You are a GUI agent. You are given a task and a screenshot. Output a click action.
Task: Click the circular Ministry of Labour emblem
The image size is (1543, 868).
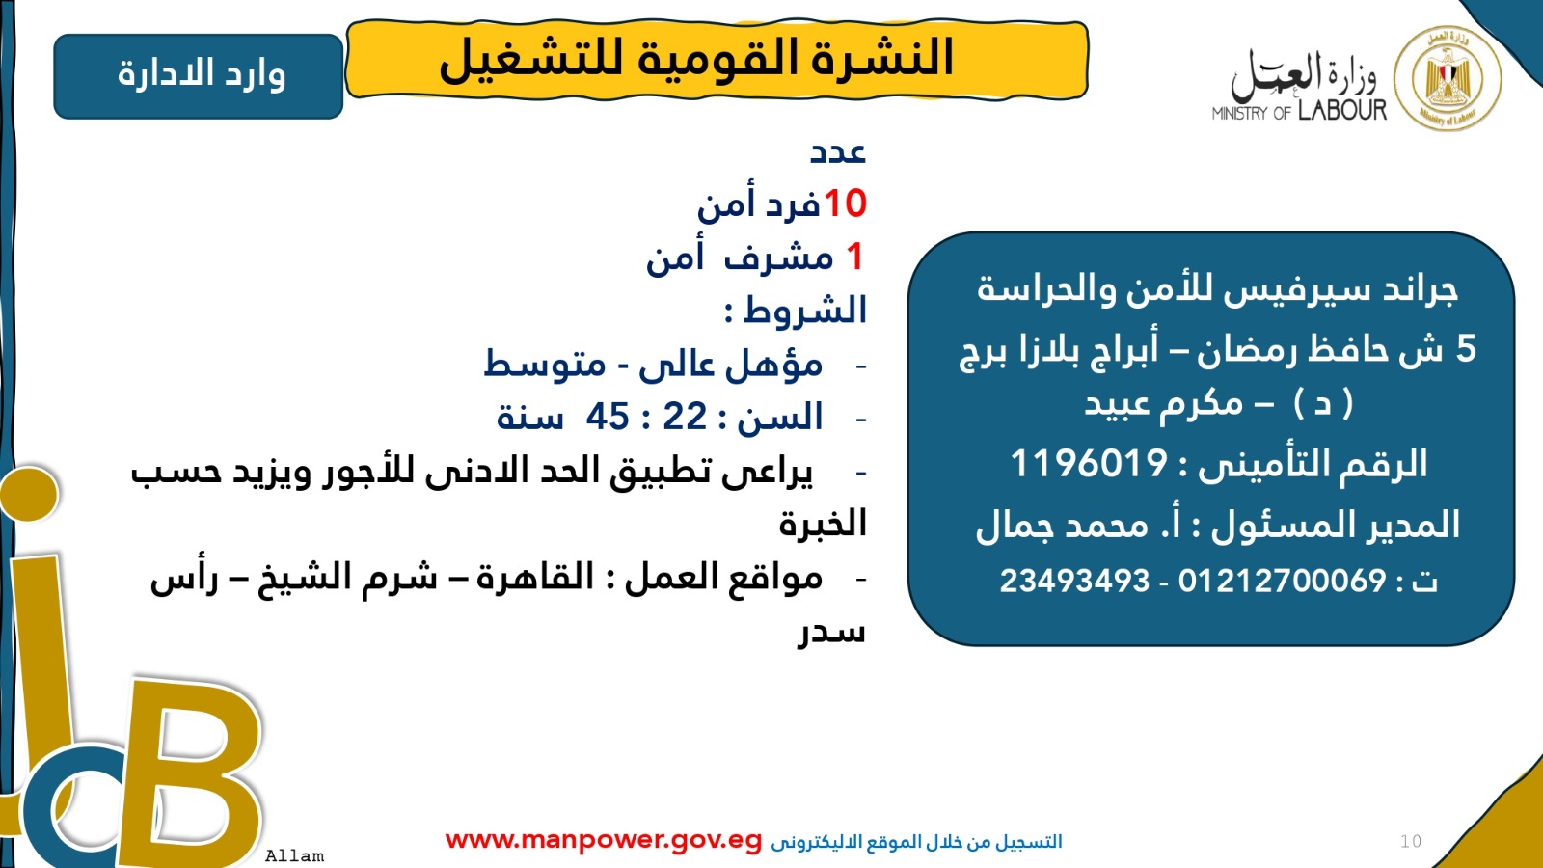[x=1448, y=78]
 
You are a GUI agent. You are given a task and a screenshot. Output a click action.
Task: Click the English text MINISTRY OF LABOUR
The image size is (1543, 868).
[x=1298, y=112]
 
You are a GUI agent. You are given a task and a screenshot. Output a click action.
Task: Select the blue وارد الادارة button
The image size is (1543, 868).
[x=199, y=76]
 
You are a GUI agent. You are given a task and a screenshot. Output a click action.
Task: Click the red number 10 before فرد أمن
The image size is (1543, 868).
[x=845, y=203]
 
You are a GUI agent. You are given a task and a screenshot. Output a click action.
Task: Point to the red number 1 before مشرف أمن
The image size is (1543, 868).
[x=854, y=257]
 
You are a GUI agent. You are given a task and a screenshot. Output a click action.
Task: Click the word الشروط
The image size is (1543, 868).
[x=805, y=311]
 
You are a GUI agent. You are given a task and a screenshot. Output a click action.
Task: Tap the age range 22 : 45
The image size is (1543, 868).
[x=647, y=417]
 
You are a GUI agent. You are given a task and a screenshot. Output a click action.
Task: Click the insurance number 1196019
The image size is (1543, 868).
[x=1089, y=464]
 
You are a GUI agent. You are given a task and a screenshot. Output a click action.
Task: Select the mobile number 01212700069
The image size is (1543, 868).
[x=1282, y=581]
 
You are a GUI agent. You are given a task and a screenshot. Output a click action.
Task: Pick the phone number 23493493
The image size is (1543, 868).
[x=1074, y=581]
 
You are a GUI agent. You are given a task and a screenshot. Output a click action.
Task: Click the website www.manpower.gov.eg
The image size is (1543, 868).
[x=604, y=840]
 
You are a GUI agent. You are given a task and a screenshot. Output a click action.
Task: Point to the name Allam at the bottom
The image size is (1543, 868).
[x=294, y=855]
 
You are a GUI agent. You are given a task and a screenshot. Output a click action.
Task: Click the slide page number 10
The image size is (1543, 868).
[x=1411, y=841]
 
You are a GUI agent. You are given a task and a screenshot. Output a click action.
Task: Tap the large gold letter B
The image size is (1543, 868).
[x=193, y=772]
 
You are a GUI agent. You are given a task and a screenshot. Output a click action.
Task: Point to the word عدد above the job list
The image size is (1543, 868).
[x=837, y=151]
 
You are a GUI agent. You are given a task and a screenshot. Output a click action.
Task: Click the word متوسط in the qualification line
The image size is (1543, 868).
[x=545, y=365]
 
